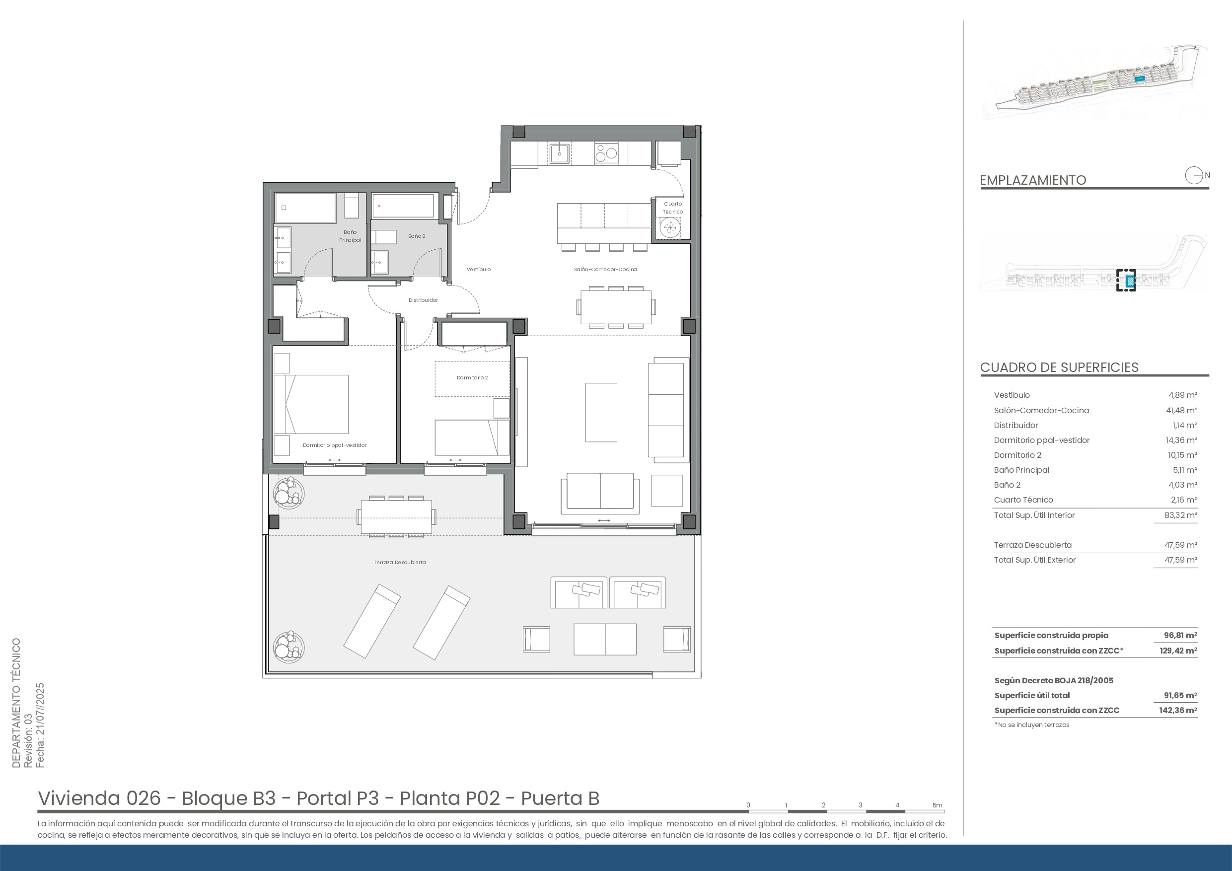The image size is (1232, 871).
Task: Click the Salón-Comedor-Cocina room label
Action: click(x=605, y=270)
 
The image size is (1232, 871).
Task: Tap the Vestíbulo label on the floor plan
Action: click(x=479, y=270)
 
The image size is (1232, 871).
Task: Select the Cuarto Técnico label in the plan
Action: click(x=673, y=208)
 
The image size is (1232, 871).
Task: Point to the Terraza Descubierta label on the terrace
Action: click(x=400, y=563)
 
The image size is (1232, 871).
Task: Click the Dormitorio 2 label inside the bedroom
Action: click(x=472, y=378)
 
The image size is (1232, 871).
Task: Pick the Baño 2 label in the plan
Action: click(x=417, y=236)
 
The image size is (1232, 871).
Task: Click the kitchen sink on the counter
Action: click(x=560, y=153)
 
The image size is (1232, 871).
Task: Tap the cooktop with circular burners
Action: click(x=606, y=153)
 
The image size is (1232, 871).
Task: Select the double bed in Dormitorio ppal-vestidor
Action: click(x=311, y=404)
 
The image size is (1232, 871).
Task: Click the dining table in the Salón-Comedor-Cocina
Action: click(x=616, y=307)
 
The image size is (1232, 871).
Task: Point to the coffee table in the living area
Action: click(x=601, y=412)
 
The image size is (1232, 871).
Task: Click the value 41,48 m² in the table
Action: click(x=1183, y=411)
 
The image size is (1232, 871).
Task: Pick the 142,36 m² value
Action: click(x=1178, y=711)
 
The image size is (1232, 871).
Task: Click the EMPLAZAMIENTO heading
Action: click(x=1033, y=180)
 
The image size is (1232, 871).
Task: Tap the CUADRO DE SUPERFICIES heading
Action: click(x=1059, y=367)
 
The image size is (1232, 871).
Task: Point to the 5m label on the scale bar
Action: click(x=938, y=805)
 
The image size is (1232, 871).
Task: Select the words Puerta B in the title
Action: click(x=560, y=798)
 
